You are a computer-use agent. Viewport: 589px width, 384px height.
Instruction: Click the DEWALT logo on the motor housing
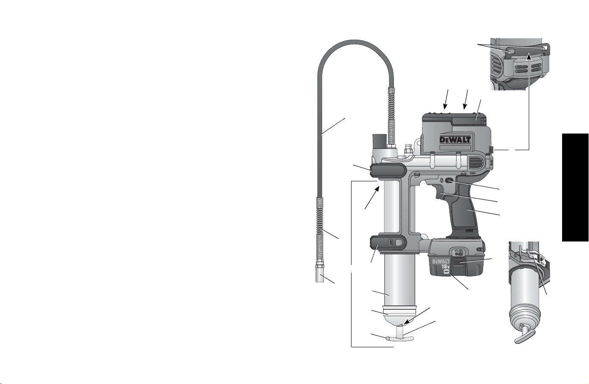tap(455, 140)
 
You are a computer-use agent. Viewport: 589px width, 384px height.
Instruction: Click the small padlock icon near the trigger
tap(442, 180)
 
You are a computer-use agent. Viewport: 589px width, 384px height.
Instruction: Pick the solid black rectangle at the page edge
tap(575, 187)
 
